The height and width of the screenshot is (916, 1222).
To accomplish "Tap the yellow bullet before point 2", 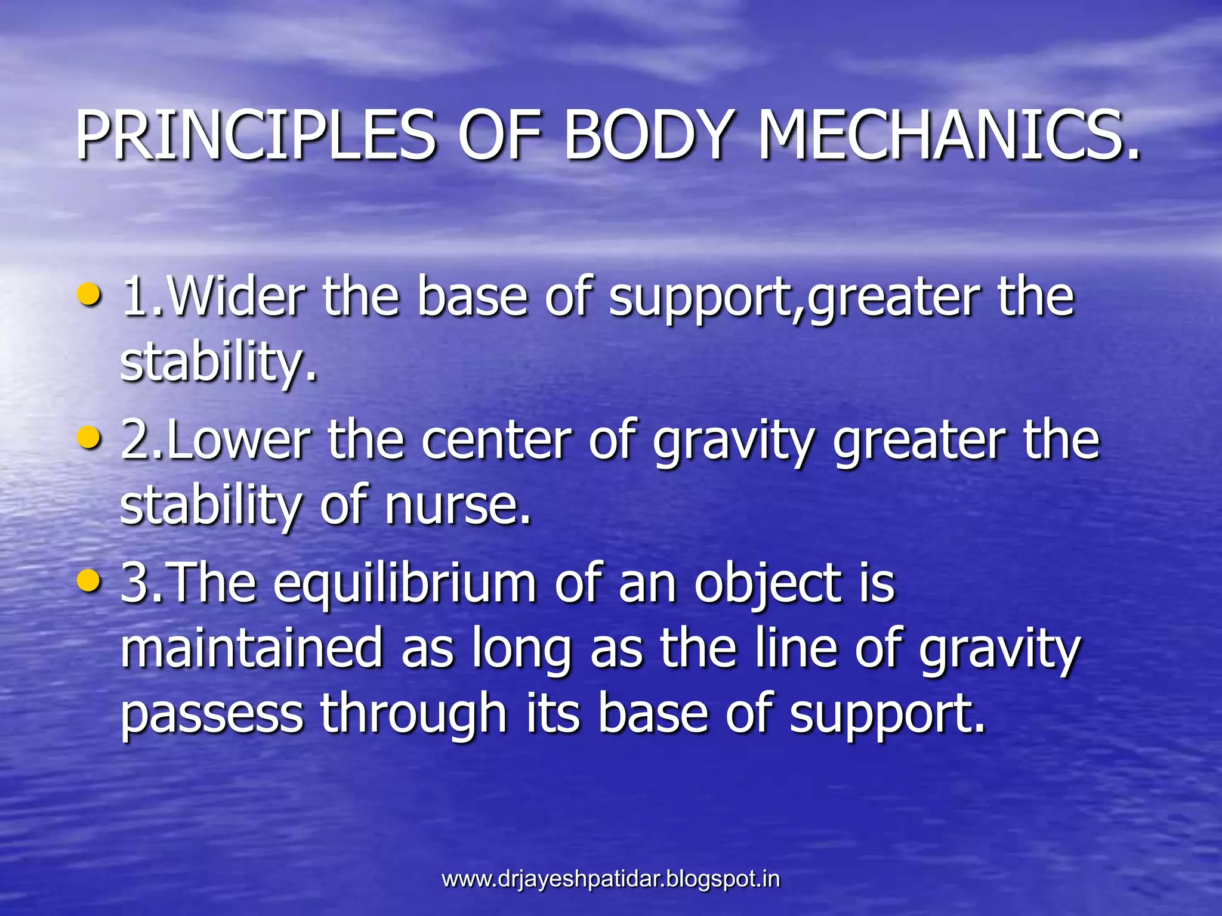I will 90,438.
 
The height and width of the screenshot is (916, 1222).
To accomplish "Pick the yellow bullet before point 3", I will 90,581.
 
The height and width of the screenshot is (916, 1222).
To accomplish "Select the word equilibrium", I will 406,584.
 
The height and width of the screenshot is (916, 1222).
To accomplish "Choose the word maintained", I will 251,649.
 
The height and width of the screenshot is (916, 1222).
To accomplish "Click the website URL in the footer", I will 610,879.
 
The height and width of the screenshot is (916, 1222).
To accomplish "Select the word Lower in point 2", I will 239,441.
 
